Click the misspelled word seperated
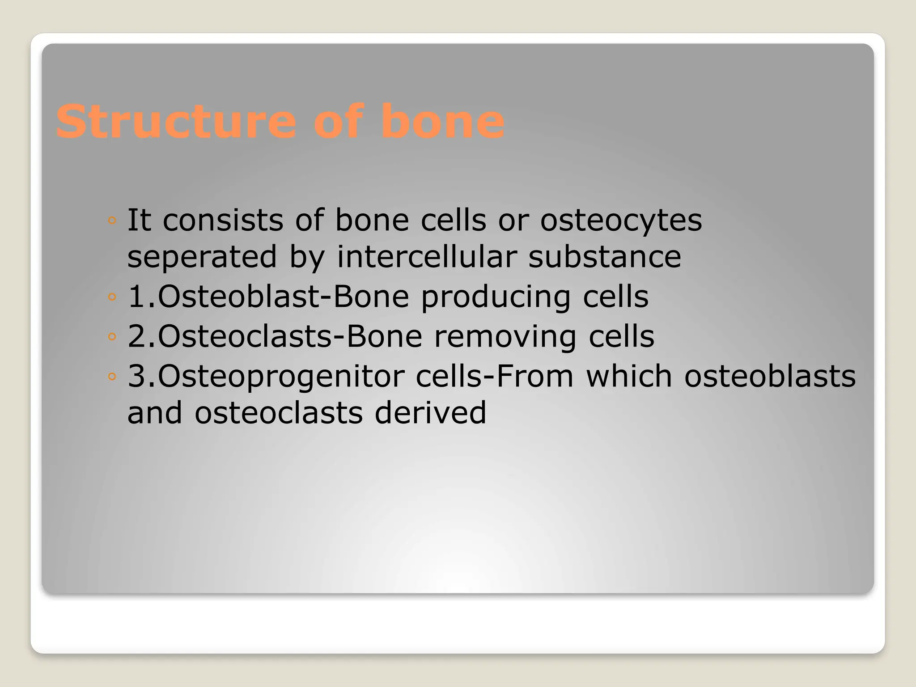(x=202, y=257)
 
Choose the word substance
(x=605, y=257)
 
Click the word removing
(x=505, y=337)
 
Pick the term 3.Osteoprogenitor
(x=266, y=377)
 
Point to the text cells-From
(x=494, y=377)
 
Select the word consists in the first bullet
(x=223, y=221)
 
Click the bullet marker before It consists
(x=112, y=221)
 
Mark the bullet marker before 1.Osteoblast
(x=112, y=297)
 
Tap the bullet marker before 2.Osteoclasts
(x=112, y=336)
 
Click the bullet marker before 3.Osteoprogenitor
(x=112, y=377)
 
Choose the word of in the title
(x=338, y=122)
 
